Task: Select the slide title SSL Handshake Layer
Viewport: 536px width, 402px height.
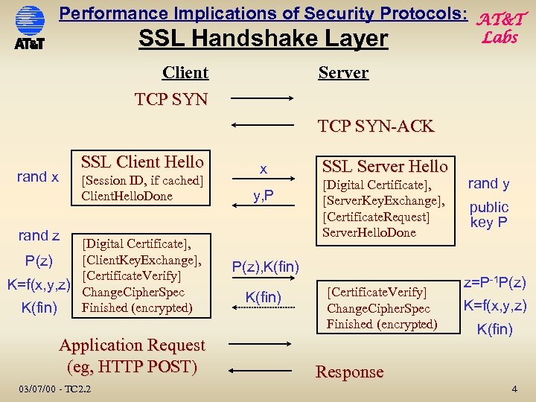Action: tap(264, 39)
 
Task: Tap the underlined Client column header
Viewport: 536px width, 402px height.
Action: tap(185, 72)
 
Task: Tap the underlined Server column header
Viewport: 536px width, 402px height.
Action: tap(343, 72)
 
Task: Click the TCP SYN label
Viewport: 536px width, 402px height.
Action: tap(171, 99)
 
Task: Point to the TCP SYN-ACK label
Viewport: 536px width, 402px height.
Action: tap(375, 126)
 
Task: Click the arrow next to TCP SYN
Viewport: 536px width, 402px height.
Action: tap(263, 98)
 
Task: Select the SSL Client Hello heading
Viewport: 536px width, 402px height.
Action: tap(141, 162)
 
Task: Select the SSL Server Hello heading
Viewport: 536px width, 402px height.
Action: tap(385, 166)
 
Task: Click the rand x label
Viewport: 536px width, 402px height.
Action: tap(38, 176)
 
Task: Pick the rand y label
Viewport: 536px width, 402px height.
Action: tap(489, 184)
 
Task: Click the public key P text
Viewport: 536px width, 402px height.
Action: tap(489, 214)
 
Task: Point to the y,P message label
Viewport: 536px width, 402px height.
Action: tap(263, 196)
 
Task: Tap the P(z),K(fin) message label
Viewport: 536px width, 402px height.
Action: tap(266, 267)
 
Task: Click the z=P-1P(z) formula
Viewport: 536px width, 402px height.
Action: tap(495, 282)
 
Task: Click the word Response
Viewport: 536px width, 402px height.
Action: tap(349, 371)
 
